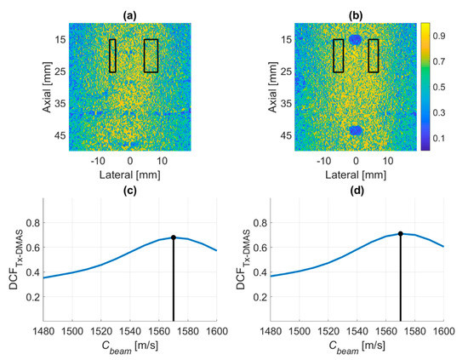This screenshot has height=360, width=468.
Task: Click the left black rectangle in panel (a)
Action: point(112,55)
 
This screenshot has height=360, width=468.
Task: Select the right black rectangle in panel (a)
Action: point(151,55)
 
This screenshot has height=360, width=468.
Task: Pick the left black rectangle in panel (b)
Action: point(339,55)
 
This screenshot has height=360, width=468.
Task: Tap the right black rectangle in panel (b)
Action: point(373,55)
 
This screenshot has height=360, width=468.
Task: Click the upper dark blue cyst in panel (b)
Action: point(356,40)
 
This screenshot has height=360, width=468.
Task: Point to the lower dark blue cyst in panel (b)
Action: point(356,130)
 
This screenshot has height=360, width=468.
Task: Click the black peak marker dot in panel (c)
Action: point(174,237)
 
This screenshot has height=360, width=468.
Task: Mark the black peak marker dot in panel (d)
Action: point(400,232)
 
